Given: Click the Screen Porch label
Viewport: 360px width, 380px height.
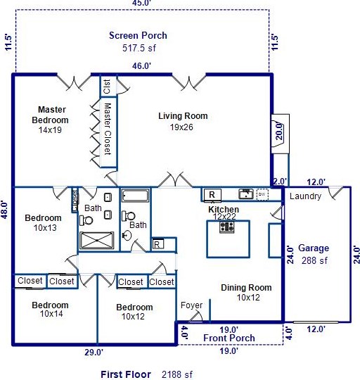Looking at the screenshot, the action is point(138,36).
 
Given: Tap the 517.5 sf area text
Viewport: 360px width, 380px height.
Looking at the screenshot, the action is point(139,48).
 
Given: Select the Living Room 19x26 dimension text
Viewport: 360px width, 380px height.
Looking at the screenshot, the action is point(181,127).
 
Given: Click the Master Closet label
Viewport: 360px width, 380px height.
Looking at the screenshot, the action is point(108,129).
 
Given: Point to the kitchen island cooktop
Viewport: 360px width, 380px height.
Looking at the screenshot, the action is point(227,227).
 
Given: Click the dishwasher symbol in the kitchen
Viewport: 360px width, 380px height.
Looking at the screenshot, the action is point(262,194).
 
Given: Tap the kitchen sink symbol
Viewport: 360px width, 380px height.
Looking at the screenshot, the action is point(246,194).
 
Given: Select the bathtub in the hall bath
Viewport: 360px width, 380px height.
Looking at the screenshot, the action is point(135,196).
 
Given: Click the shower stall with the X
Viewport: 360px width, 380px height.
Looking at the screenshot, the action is point(96,241).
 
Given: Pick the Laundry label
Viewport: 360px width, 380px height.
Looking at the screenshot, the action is point(305,196).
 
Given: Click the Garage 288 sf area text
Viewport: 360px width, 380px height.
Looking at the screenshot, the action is point(314,261).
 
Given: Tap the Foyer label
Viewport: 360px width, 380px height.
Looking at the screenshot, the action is point(191,305).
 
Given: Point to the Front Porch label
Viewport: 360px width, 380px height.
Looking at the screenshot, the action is point(229,338).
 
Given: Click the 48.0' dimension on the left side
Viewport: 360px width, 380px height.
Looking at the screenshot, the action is point(6,210).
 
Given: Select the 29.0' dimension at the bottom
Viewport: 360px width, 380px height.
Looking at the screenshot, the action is point(94,353).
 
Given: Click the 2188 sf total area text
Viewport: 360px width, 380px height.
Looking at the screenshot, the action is point(177,374).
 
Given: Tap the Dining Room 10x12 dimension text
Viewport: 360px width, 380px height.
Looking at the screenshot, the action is point(248,298).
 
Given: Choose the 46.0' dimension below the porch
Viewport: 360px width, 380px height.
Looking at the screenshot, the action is point(141,65).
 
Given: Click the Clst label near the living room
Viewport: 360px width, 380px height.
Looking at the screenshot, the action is point(107,87).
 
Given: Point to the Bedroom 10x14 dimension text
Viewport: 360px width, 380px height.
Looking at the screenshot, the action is point(51,314).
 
